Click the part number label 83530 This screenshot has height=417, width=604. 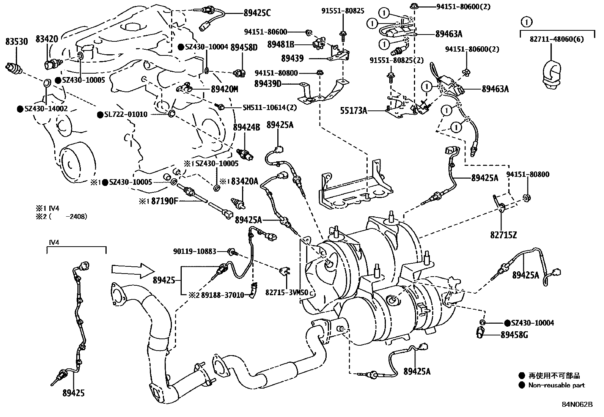pyautogui.click(x=16, y=41)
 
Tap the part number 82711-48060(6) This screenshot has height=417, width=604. pyautogui.click(x=557, y=39)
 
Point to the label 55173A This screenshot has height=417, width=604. pyautogui.click(x=354, y=111)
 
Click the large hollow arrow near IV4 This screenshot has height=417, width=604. pyautogui.click(x=133, y=270)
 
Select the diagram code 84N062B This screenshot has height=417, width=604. pyautogui.click(x=577, y=404)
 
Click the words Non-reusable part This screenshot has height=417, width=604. pyautogui.click(x=557, y=385)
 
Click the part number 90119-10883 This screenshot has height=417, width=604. pyautogui.click(x=195, y=251)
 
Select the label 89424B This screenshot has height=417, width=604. pyautogui.click(x=246, y=127)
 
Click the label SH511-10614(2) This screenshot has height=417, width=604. pyautogui.click(x=269, y=107)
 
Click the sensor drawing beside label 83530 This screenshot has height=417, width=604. pyautogui.click(x=14, y=69)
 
